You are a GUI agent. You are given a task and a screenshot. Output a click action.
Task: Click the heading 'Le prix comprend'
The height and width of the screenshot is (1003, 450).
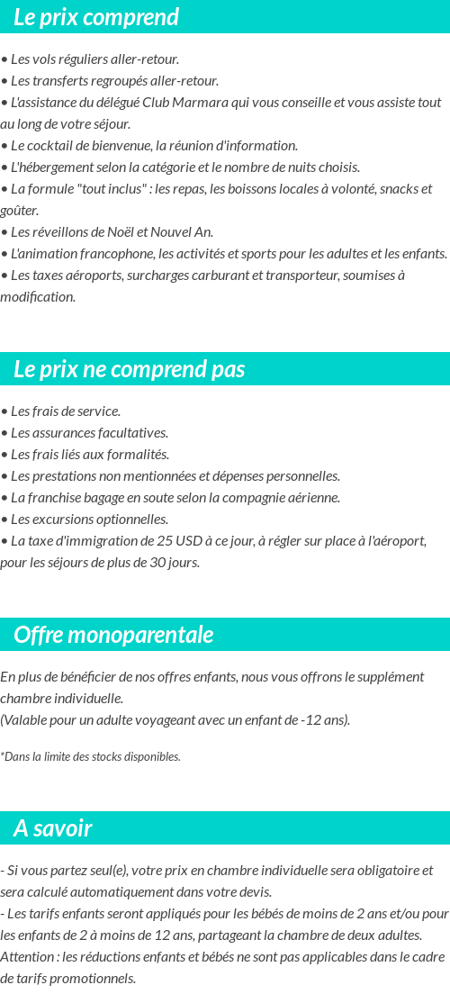click(x=96, y=17)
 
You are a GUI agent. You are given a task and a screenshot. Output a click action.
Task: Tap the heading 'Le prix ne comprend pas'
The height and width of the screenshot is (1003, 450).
click(x=129, y=369)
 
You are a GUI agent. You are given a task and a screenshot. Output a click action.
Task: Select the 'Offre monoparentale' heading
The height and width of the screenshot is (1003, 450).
click(x=113, y=635)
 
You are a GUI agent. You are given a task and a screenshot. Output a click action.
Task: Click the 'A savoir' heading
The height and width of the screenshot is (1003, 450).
click(x=53, y=828)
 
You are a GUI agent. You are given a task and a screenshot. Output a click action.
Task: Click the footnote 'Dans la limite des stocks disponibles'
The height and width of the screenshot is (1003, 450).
click(x=92, y=756)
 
